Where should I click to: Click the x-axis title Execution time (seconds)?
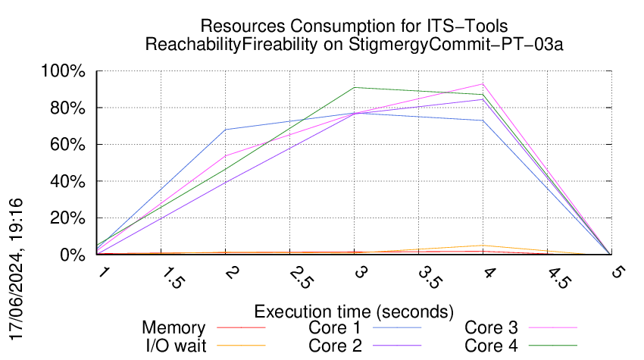pyautogui.click(x=354, y=311)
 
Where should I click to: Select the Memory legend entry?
pyautogui.click(x=174, y=328)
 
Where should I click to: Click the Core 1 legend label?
pyautogui.click(x=336, y=328)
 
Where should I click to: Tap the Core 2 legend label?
pyautogui.click(x=336, y=346)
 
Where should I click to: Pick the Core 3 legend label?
pyautogui.click(x=491, y=328)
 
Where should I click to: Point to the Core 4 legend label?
pyautogui.click(x=491, y=346)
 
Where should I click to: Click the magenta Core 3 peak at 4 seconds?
pyautogui.click(x=483, y=84)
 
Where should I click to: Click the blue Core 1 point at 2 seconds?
pyautogui.click(x=226, y=130)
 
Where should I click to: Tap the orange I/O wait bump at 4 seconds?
pyautogui.click(x=483, y=246)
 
